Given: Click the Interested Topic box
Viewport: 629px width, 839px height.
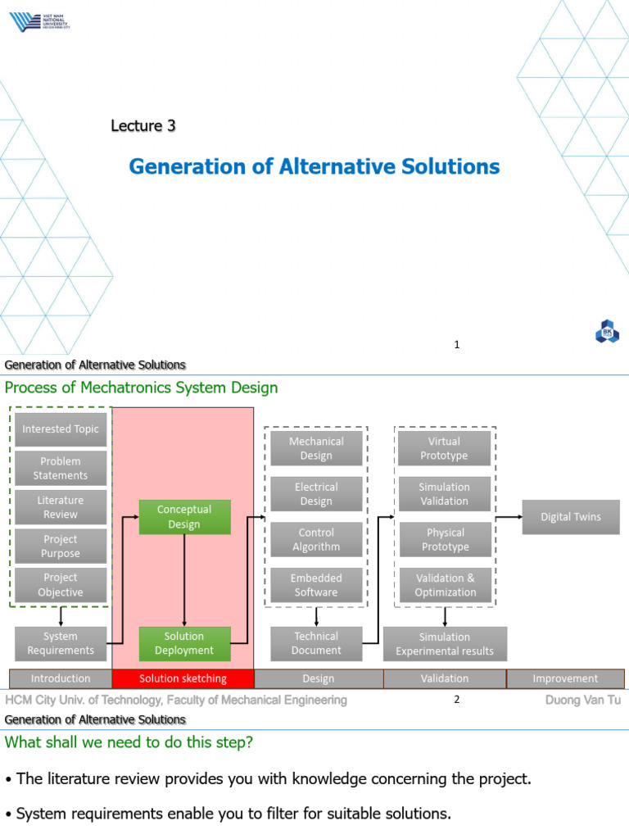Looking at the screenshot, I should [61, 429].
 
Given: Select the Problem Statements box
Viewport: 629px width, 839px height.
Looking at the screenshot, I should [61, 469].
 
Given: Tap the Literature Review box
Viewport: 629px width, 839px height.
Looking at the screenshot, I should [61, 507].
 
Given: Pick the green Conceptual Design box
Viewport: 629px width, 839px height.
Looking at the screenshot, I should [184, 517].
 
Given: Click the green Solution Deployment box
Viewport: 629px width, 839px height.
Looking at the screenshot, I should [184, 643].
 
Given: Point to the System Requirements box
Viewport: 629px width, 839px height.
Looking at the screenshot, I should [61, 643].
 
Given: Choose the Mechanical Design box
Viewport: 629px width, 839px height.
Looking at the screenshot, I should [316, 448].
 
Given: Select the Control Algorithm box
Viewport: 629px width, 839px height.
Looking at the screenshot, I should [316, 540].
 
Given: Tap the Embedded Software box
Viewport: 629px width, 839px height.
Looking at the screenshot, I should [316, 585].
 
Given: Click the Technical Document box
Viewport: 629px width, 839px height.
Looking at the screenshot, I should [316, 643].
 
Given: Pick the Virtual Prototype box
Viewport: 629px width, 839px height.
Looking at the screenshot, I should [445, 448].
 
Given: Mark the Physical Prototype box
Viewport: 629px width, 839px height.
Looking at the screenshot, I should [445, 540].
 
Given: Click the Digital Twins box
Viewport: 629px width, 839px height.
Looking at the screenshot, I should [571, 517].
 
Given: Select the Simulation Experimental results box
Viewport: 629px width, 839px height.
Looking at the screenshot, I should [445, 643].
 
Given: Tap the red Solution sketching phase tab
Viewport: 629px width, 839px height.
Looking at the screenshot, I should [183, 678].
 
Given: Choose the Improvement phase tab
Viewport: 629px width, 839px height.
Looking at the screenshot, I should [565, 678].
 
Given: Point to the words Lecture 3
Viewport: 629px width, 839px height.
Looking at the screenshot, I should [143, 126].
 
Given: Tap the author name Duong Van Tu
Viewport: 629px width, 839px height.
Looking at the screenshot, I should [582, 700].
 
